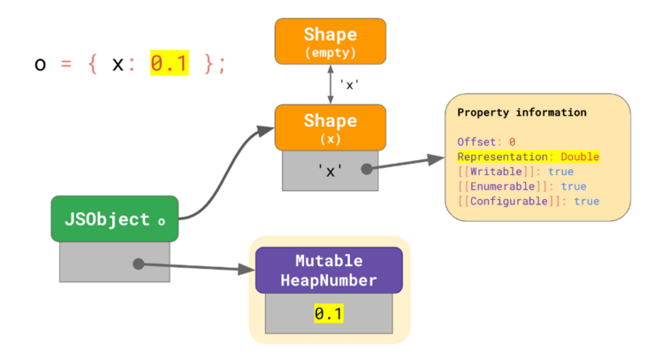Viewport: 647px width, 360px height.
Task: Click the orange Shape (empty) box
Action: point(331,41)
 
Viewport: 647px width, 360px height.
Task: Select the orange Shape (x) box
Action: point(331,127)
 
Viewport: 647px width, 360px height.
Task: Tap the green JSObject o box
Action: point(114,219)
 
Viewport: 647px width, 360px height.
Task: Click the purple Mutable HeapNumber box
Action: point(329,270)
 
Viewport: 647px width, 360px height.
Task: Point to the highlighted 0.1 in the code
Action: point(169,64)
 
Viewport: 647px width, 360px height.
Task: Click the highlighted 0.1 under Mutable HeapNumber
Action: point(329,314)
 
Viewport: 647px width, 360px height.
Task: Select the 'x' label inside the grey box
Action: point(330,171)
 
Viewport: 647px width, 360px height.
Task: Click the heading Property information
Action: point(521,113)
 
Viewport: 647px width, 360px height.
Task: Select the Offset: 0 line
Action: point(486,142)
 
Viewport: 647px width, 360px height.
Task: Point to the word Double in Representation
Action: point(580,157)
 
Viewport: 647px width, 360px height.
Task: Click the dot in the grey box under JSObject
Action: point(138,263)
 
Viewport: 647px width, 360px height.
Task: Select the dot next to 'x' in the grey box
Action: point(365,169)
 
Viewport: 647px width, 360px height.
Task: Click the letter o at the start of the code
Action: point(40,65)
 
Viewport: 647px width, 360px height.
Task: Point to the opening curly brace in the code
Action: point(91,65)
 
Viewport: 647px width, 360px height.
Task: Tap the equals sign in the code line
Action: point(65,65)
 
